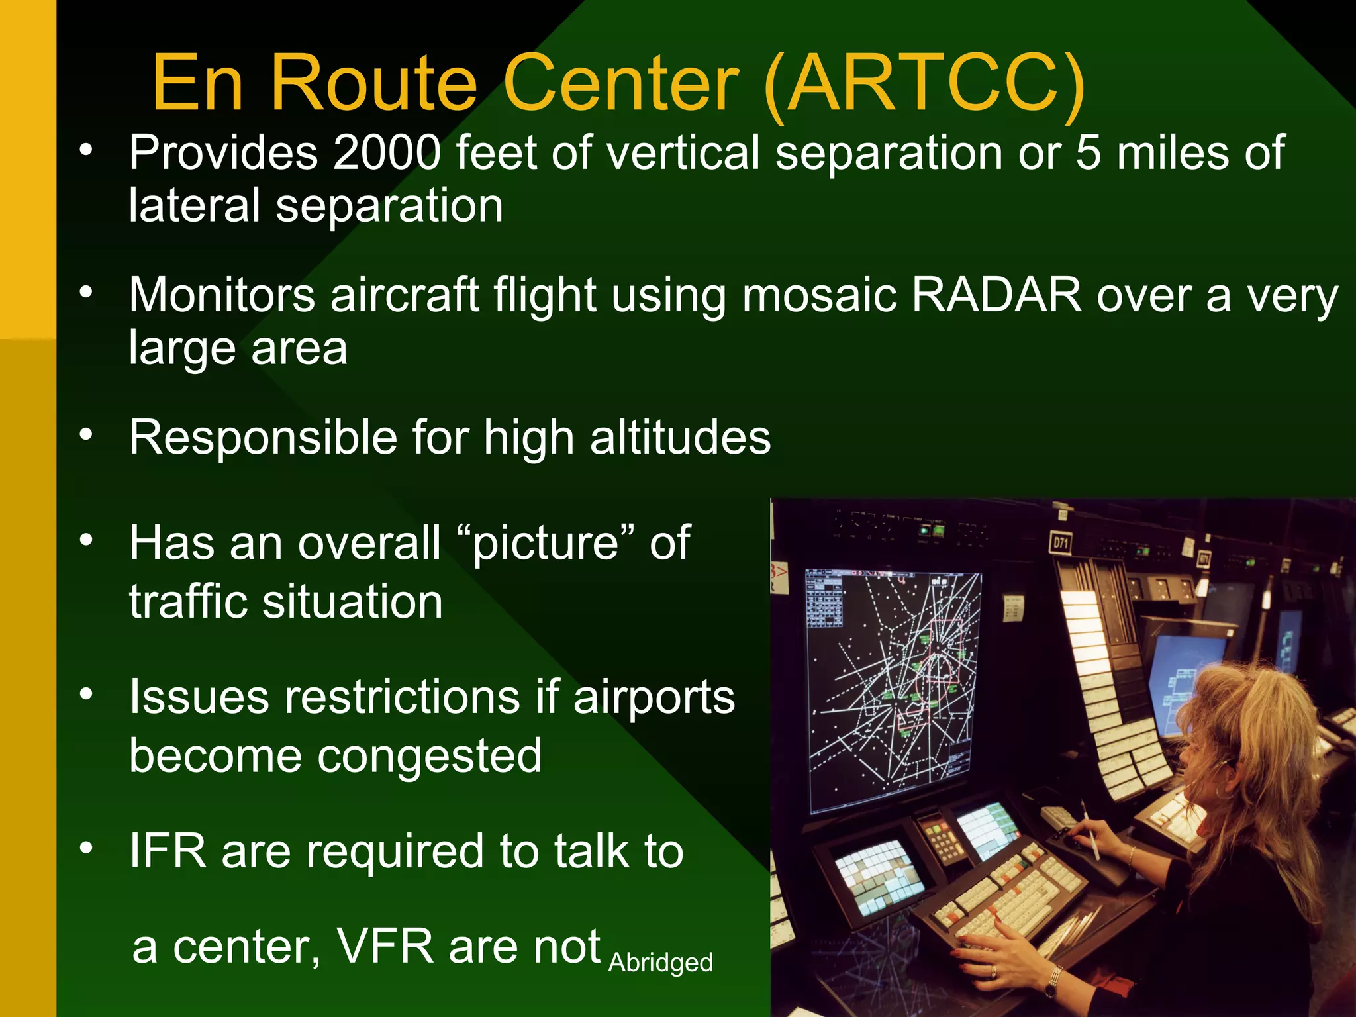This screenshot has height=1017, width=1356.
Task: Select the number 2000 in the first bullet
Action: tap(387, 153)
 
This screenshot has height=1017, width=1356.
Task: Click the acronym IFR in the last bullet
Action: tap(168, 851)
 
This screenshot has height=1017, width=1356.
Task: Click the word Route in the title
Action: tap(374, 84)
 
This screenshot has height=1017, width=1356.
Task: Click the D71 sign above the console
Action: tap(1060, 544)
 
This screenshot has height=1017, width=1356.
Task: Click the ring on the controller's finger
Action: tap(993, 971)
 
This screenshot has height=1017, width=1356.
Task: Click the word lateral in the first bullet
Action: tap(193, 206)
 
